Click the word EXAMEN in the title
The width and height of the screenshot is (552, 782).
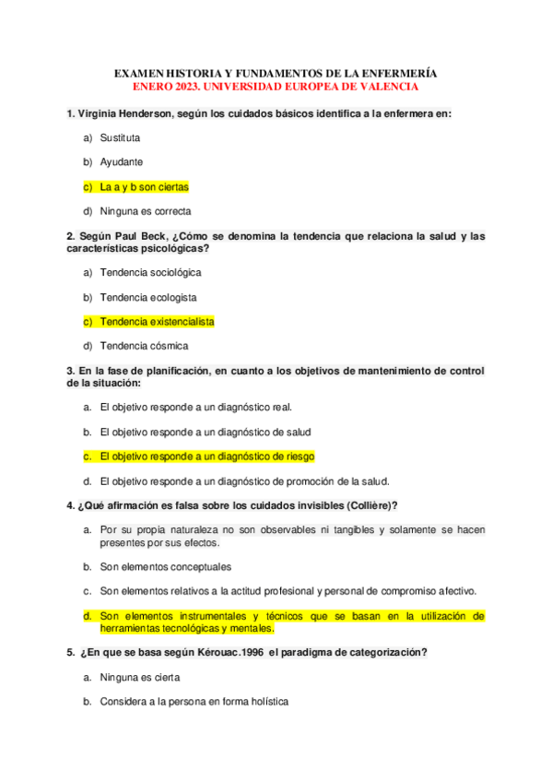tap(137, 73)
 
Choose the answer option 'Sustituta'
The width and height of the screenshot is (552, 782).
tap(120, 137)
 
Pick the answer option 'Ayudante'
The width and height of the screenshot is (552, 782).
tap(122, 161)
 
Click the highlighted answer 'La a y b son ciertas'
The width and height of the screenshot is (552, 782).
tap(145, 186)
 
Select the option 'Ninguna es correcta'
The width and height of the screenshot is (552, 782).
tap(146, 211)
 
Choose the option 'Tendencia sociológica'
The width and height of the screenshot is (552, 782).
tap(150, 273)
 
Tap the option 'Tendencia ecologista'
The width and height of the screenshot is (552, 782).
tap(148, 298)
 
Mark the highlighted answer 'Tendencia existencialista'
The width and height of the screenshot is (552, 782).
tap(157, 322)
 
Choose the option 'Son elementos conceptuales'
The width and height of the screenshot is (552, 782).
tap(166, 566)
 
